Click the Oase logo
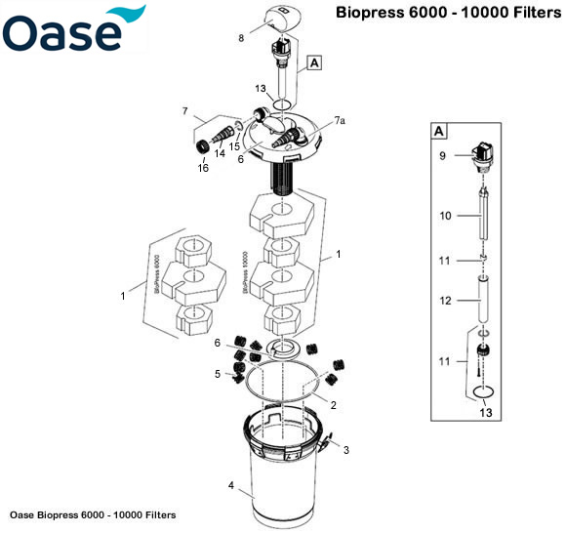pyautogui.click(x=73, y=30)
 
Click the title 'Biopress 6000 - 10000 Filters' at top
pyautogui.click(x=449, y=14)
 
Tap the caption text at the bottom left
pyautogui.click(x=92, y=514)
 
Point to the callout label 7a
pyautogui.click(x=339, y=120)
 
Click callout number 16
pyautogui.click(x=203, y=168)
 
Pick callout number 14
pyautogui.click(x=219, y=154)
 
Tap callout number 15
pyautogui.click(x=234, y=145)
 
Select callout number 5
pyautogui.click(x=218, y=373)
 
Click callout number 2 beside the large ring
pyautogui.click(x=333, y=404)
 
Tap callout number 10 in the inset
pyautogui.click(x=445, y=216)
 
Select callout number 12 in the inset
pyautogui.click(x=445, y=302)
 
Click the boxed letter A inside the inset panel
pyautogui.click(x=440, y=131)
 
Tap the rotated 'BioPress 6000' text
pyautogui.click(x=155, y=278)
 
